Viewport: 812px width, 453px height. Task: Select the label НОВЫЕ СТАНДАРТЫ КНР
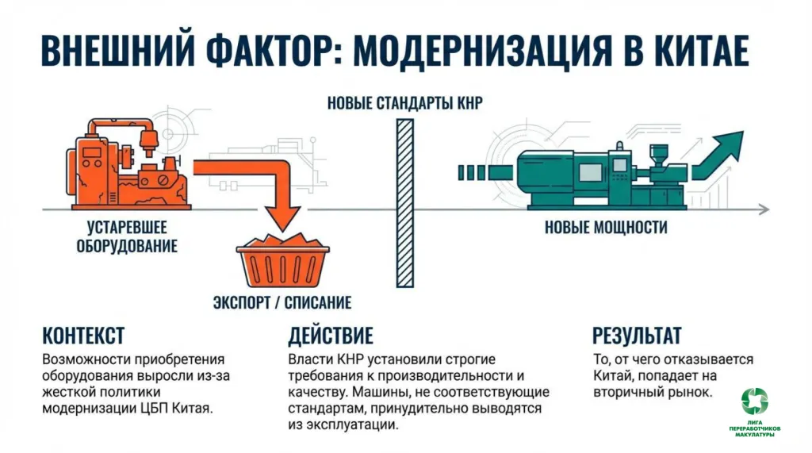(404, 104)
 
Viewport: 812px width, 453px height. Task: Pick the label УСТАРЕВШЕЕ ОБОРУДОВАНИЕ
(127, 236)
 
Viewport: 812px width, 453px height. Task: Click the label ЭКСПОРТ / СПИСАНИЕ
(282, 302)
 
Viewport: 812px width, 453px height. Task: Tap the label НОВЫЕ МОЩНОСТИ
(606, 228)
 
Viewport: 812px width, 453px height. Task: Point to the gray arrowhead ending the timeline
(762, 209)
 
